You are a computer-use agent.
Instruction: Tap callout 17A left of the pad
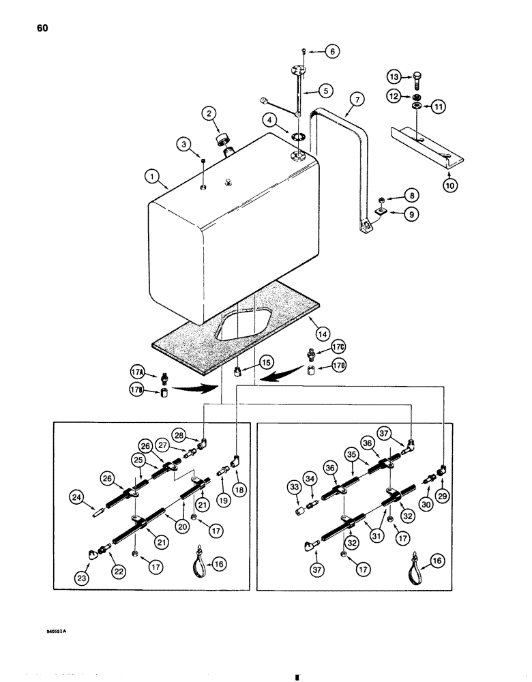tap(137, 372)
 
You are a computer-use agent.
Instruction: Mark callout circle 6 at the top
tap(333, 50)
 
